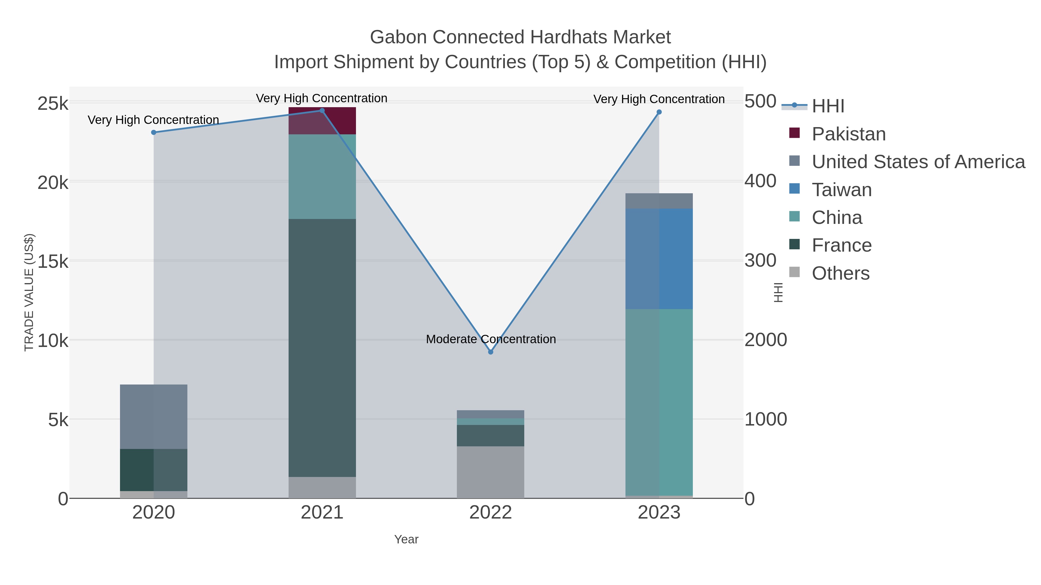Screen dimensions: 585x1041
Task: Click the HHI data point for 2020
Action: click(x=154, y=132)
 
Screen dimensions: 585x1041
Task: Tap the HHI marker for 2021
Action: click(x=322, y=111)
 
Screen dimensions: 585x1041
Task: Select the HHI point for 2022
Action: click(x=491, y=352)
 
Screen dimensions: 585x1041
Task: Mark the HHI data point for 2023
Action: click(x=659, y=112)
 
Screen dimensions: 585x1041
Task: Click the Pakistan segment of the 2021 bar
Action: click(x=322, y=121)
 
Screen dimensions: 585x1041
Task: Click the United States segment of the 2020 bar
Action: click(x=154, y=417)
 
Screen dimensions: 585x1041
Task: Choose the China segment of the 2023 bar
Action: click(x=659, y=402)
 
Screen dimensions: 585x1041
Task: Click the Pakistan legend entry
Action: click(x=849, y=134)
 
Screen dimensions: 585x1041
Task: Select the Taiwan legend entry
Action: click(x=842, y=190)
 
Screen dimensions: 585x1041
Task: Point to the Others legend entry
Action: click(x=841, y=273)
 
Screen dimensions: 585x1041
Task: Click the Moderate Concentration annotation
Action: click(x=491, y=339)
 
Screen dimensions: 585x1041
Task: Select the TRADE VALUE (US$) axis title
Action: click(x=29, y=292)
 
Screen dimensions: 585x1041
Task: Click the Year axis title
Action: click(x=406, y=539)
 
